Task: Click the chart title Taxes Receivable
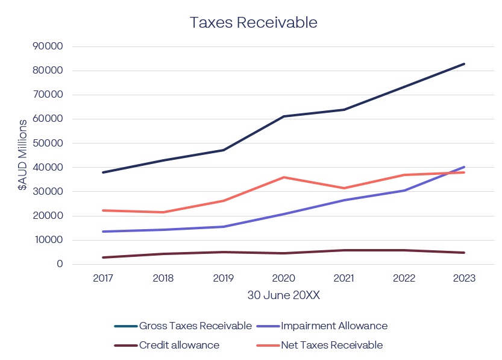point(253,22)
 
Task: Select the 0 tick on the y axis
point(60,264)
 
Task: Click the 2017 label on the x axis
point(103,279)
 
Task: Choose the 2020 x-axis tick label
point(284,279)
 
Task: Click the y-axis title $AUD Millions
point(23,156)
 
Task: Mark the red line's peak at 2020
point(284,177)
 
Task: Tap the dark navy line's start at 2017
point(103,172)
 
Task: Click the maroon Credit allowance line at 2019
point(224,252)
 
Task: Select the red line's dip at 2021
point(344,188)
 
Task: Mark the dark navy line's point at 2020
point(284,116)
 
